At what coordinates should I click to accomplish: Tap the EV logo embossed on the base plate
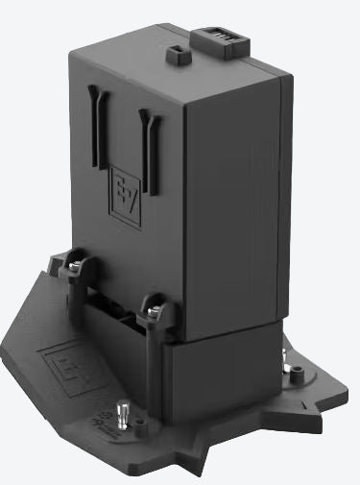point(60,368)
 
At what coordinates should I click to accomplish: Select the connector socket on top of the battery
point(221,41)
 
